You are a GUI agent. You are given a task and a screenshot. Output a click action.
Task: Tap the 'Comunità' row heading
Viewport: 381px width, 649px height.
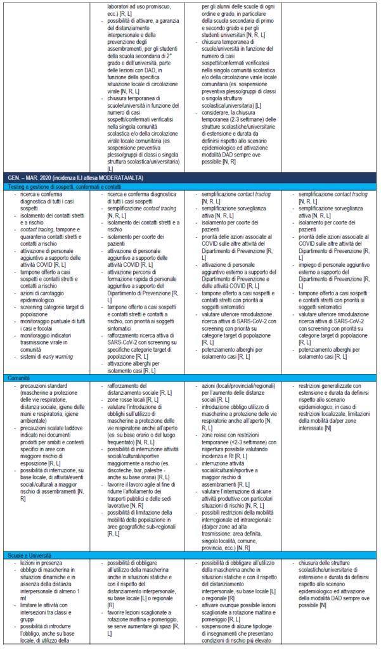click(19, 377)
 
